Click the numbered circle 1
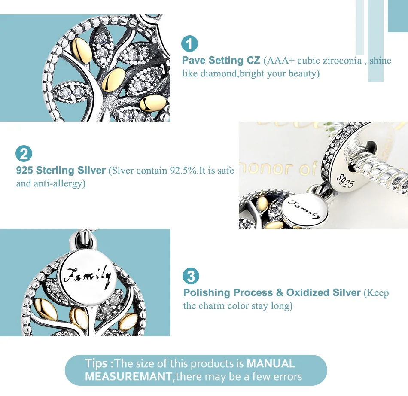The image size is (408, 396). coord(189,44)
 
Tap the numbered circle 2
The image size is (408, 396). coord(24,154)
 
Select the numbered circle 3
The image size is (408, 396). coord(191,276)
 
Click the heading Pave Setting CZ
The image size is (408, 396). coord(221,60)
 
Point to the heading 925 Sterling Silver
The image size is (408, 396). coord(61,170)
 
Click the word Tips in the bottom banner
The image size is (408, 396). coord(96,363)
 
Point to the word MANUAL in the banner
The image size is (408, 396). coord(271,363)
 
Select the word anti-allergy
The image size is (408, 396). coord(58,183)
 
